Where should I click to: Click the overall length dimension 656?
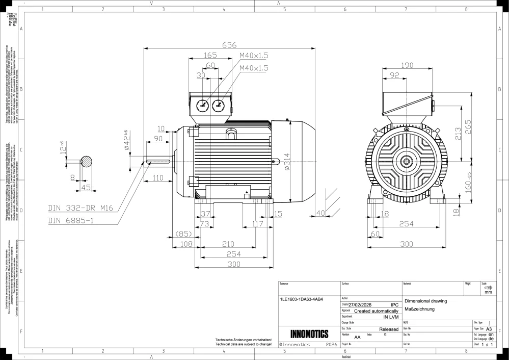coord(229,45)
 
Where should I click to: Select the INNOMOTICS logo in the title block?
coord(309,335)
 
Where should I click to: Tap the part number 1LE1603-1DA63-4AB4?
coord(302,300)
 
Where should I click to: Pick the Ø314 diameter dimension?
coord(287,161)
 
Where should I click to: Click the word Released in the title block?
coord(389,330)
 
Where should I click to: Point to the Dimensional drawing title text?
coord(425,301)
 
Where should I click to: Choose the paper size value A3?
coord(489,329)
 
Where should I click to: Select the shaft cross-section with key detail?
coord(86,162)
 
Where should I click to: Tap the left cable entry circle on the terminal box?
coord(202,106)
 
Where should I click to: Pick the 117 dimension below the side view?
coord(257,224)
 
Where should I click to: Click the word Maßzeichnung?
coord(419,310)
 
